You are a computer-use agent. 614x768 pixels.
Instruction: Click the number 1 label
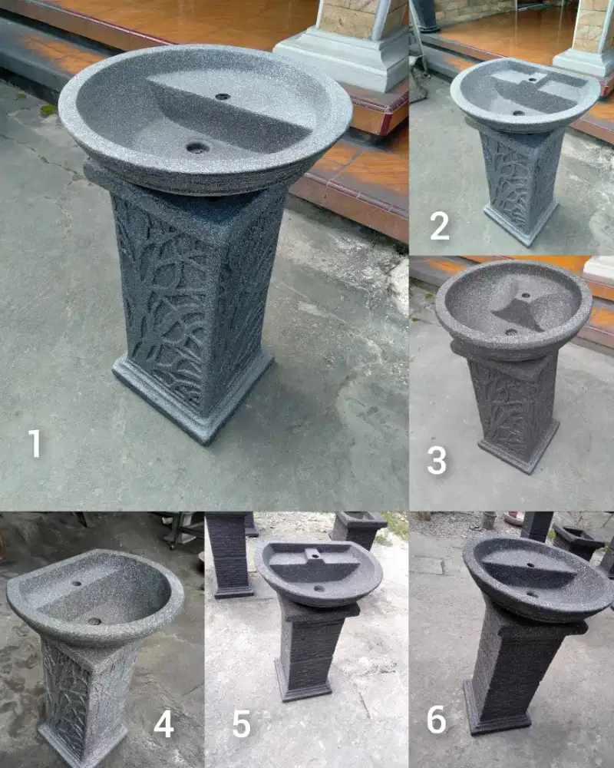[x=35, y=443]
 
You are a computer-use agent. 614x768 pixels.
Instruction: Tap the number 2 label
[x=439, y=226]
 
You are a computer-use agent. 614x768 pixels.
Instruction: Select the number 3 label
[x=436, y=460]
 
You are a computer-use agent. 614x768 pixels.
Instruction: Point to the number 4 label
[x=163, y=724]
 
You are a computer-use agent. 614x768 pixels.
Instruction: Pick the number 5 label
[x=242, y=724]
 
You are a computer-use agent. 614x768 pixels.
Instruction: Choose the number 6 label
[x=436, y=720]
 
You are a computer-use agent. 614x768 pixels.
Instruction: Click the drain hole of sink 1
[x=198, y=147]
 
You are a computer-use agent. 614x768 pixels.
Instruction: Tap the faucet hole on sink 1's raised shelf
[x=223, y=97]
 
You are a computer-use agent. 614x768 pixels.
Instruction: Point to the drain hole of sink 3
[x=511, y=332]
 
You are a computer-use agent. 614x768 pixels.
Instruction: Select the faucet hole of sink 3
[x=526, y=296]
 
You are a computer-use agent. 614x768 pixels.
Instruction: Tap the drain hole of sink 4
[x=94, y=621]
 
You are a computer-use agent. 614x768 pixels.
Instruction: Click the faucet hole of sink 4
[x=76, y=584]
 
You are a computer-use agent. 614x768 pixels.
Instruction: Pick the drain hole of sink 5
[x=319, y=589]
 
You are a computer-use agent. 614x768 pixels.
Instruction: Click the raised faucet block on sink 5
[x=313, y=555]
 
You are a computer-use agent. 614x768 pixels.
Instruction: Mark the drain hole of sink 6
[x=532, y=595]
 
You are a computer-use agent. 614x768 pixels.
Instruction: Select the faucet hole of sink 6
[x=530, y=564]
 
